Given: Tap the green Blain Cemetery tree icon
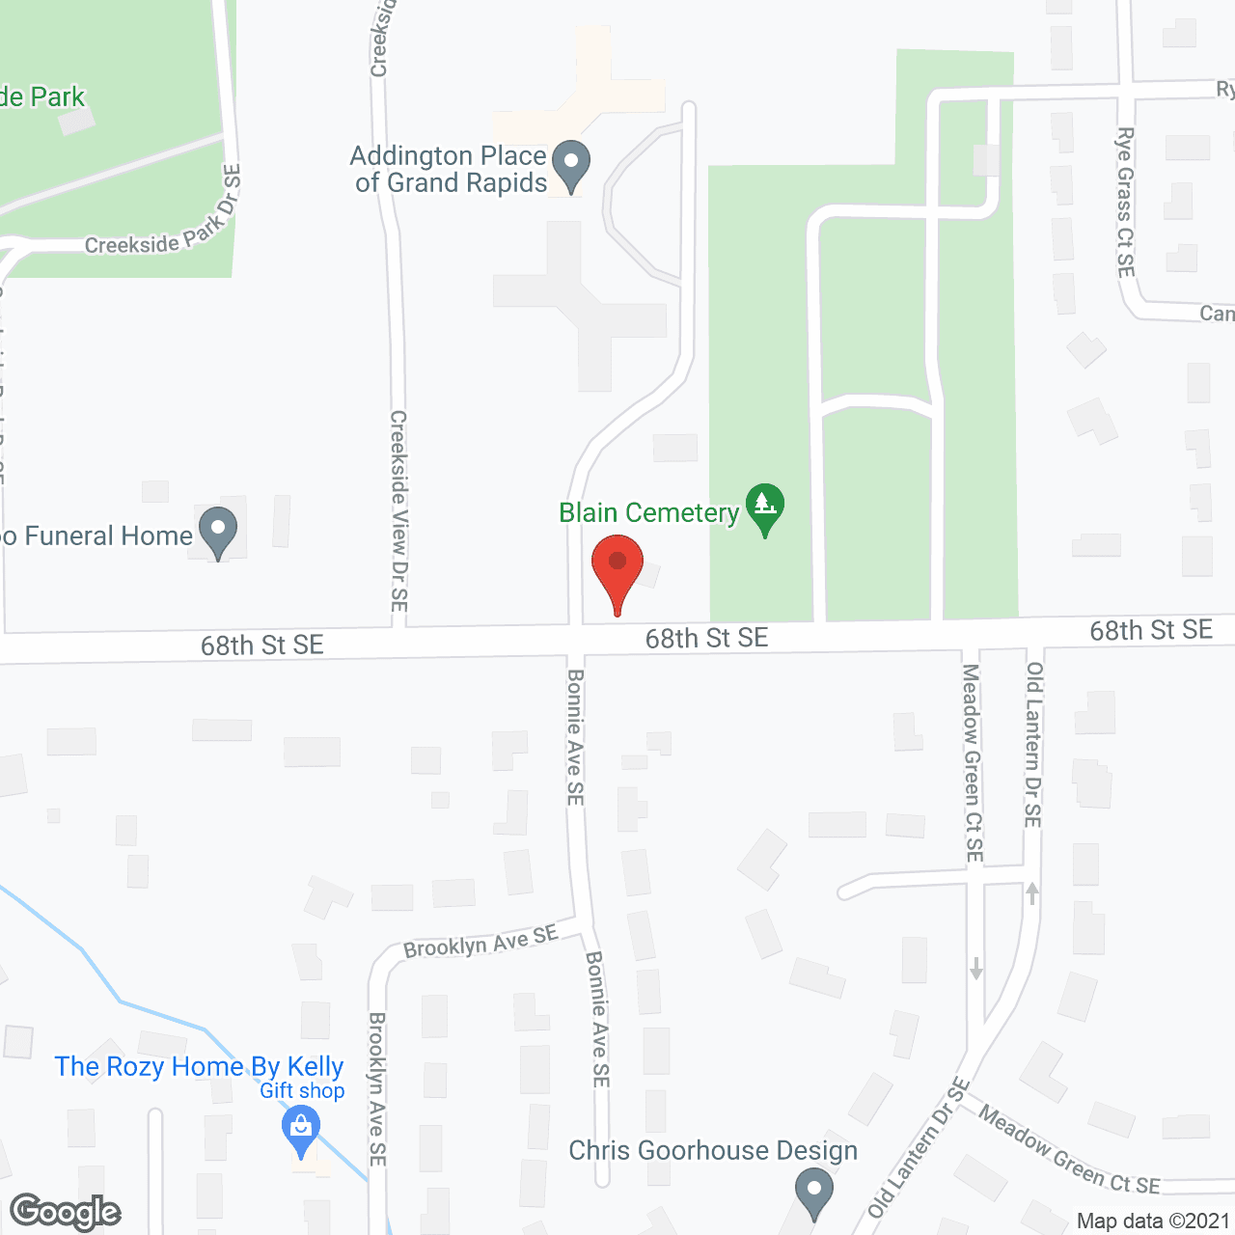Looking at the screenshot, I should click(765, 507).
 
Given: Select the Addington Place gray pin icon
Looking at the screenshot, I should click(572, 165).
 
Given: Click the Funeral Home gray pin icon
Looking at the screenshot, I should click(218, 531).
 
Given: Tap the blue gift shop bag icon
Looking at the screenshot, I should click(301, 1129).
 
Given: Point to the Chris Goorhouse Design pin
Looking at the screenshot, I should click(814, 1192).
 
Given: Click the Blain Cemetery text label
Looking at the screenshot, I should click(648, 512).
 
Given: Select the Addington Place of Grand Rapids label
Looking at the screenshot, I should click(450, 169).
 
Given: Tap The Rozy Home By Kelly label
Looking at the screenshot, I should click(199, 1066).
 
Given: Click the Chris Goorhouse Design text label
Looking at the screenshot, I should click(713, 1150).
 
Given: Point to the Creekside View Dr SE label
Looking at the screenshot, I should click(398, 510).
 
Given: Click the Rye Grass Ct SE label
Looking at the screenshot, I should click(1125, 202).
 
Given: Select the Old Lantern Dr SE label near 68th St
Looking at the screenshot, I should click(1034, 744).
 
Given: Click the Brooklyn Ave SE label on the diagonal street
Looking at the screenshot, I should click(480, 941).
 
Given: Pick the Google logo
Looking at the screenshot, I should click(66, 1212).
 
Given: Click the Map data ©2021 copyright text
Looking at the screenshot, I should click(1153, 1221).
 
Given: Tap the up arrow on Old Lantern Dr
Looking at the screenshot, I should click(1032, 892).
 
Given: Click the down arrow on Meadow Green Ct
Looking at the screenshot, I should click(975, 968).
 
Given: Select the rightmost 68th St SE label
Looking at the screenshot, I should click(1150, 630).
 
